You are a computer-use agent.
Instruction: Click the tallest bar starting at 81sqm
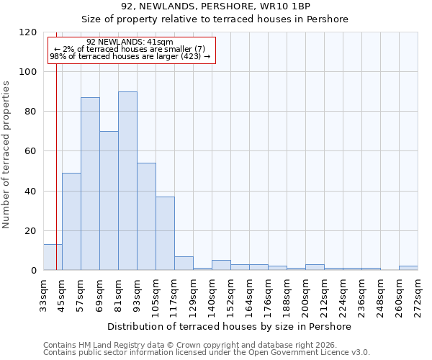tap(127, 181)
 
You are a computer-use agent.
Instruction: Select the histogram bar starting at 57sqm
tap(90, 184)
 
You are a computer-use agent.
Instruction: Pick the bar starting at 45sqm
tap(71, 222)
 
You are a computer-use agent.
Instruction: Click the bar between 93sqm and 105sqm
tap(146, 217)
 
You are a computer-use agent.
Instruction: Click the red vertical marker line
tap(56, 144)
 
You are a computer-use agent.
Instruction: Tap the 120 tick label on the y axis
tap(28, 32)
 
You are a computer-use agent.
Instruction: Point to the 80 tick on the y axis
tap(31, 112)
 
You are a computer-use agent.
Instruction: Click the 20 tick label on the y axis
tap(31, 231)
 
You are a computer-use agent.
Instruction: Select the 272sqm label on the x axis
tap(418, 294)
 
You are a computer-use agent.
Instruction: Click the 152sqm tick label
tap(231, 294)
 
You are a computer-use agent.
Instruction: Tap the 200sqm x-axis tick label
tap(306, 294)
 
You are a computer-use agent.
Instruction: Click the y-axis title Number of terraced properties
tap(6, 154)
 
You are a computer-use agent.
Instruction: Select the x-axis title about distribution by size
tap(229, 326)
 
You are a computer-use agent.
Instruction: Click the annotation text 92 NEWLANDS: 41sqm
tap(130, 42)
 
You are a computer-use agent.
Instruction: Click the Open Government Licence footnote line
tap(207, 352)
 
